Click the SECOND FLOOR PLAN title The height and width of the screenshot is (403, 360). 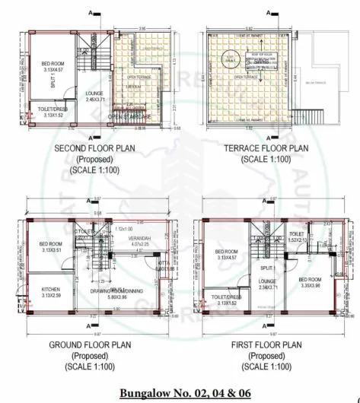94,148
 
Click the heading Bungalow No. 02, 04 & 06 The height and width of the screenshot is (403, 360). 180,392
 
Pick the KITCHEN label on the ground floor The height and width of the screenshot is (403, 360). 50,290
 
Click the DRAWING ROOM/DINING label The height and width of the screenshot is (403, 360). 118,290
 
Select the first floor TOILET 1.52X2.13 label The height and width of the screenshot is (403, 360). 297,236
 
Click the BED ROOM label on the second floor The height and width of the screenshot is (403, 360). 53,63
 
